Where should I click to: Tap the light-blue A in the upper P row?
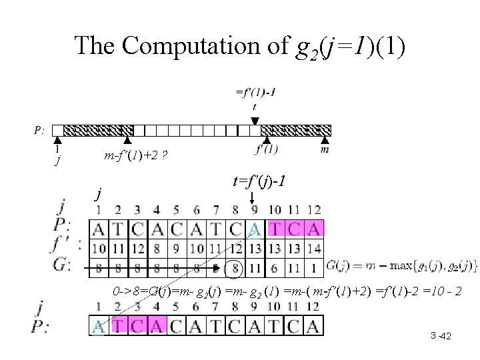(254, 229)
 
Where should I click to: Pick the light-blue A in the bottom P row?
(98, 326)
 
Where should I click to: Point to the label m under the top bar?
(325, 149)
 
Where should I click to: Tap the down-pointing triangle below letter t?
(255, 120)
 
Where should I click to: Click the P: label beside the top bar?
(39, 131)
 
